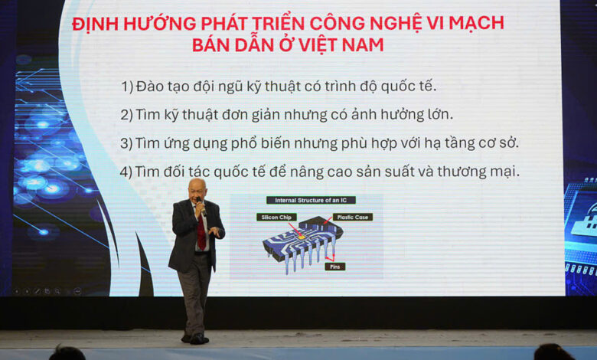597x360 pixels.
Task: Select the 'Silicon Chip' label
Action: [x=276, y=217]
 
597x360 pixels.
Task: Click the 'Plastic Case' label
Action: [x=352, y=217]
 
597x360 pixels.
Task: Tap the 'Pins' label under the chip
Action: [x=334, y=267]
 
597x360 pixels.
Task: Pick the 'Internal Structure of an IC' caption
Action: [x=311, y=200]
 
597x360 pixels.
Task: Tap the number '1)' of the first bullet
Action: [x=126, y=87]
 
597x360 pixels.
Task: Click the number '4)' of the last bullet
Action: [x=126, y=172]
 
